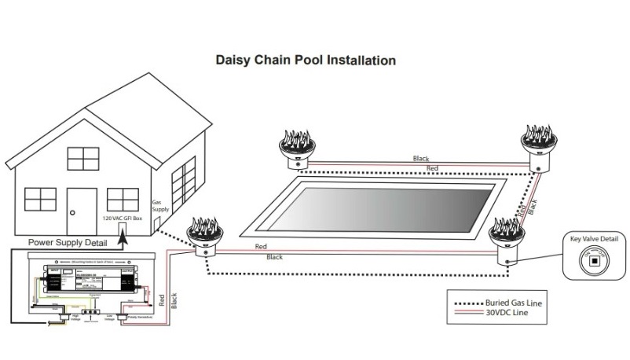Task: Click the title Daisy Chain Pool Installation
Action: coord(306,60)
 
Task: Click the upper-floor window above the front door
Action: coord(81,159)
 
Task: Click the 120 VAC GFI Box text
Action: coord(123,216)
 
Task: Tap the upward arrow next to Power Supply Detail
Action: coord(123,237)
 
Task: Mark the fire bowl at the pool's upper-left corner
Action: coord(296,148)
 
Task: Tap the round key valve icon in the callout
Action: coord(594,261)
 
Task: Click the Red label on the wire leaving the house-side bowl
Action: coord(260,247)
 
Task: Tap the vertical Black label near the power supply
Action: coord(173,300)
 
